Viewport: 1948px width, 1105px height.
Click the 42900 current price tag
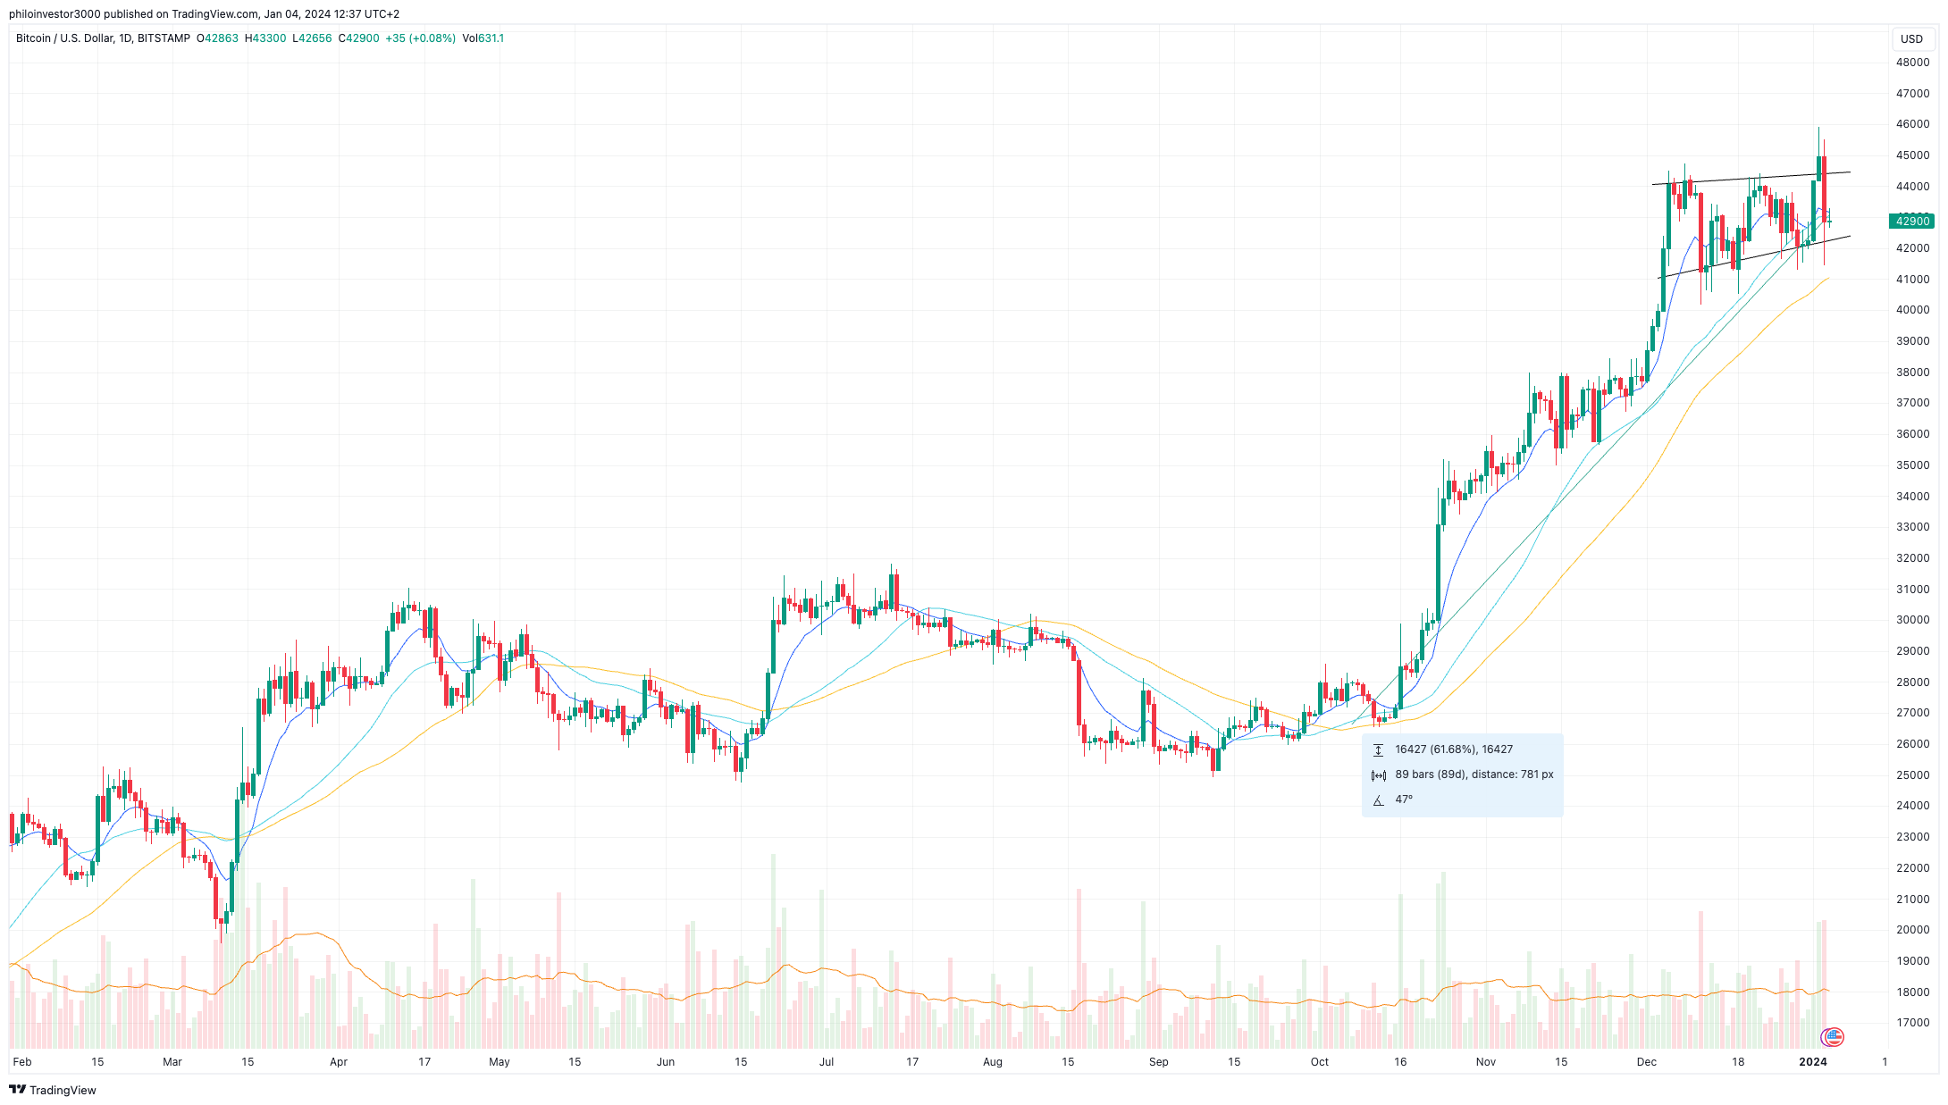(x=1911, y=221)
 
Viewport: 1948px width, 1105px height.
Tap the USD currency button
(x=1911, y=38)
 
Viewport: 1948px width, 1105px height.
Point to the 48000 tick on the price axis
(x=1912, y=63)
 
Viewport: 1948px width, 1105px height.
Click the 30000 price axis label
(x=1912, y=620)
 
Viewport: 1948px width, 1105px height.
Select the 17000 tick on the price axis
(x=1912, y=1023)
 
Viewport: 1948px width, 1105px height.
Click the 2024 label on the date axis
(x=1812, y=1062)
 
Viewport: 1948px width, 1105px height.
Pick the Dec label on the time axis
(x=1646, y=1062)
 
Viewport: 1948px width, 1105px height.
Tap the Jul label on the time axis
(x=827, y=1062)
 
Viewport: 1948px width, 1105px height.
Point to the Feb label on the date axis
(x=22, y=1062)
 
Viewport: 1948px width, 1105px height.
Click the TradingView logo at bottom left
(x=53, y=1090)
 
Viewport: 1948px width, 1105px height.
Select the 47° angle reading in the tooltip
(x=1404, y=799)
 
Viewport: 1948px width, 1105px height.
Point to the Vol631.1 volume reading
(x=483, y=38)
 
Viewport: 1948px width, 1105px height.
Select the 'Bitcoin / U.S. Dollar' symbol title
(x=63, y=38)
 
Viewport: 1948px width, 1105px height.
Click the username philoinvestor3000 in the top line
(x=55, y=14)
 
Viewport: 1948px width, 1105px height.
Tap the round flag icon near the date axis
(x=1833, y=1037)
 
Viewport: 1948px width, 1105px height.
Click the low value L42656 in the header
(x=312, y=38)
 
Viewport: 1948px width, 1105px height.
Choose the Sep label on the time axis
(x=1158, y=1062)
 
